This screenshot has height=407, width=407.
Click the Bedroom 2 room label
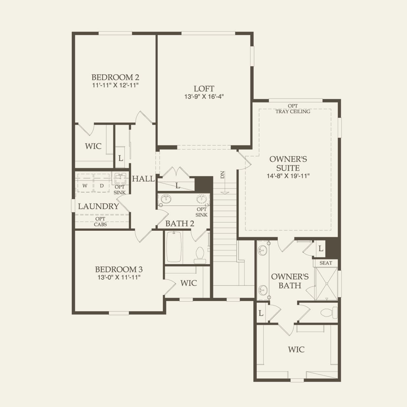[115, 77]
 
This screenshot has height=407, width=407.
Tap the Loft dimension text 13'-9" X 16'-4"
[204, 97]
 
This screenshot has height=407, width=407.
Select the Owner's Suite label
[288, 163]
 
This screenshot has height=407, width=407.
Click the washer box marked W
[85, 183]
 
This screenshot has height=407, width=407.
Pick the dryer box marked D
[102, 183]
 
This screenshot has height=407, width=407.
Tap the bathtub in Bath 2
[174, 247]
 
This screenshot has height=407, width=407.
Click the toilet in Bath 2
[200, 256]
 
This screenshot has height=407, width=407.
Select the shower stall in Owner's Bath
[326, 284]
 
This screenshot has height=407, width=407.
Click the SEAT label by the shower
[326, 263]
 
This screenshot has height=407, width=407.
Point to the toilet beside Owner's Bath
[329, 312]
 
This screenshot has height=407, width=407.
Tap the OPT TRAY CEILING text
[293, 109]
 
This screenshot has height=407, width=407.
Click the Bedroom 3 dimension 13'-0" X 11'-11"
[119, 277]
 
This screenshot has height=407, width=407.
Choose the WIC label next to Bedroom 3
[189, 283]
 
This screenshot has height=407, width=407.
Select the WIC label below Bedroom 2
[93, 146]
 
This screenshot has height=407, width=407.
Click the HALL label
[143, 179]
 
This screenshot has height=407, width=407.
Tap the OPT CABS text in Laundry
[100, 222]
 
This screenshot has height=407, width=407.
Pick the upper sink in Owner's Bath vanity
[262, 251]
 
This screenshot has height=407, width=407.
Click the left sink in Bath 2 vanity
[166, 199]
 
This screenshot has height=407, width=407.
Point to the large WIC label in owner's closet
[296, 350]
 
